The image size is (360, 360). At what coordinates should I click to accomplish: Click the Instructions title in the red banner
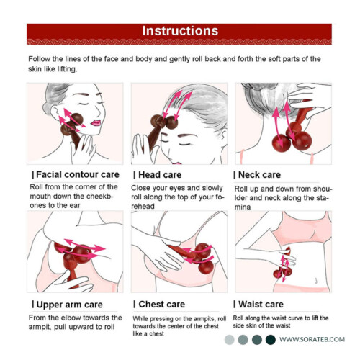(x=180, y=31)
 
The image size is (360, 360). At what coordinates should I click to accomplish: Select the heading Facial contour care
(x=78, y=174)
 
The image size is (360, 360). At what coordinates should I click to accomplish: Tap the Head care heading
(x=160, y=175)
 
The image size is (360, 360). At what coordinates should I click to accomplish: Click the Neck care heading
(x=259, y=175)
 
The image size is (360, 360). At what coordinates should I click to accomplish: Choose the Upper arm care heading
(x=70, y=305)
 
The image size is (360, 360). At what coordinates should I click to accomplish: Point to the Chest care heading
(x=162, y=305)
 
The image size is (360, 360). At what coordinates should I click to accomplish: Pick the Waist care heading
(x=261, y=305)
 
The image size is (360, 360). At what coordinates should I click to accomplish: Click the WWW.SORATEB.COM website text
(x=312, y=339)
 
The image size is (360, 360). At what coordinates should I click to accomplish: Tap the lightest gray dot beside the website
(x=229, y=340)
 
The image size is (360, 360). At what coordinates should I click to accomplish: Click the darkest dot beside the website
(x=271, y=340)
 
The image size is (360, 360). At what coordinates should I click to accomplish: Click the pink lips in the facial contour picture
(x=96, y=123)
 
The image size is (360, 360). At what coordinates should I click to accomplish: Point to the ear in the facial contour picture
(x=55, y=112)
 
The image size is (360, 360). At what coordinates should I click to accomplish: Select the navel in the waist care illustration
(x=316, y=281)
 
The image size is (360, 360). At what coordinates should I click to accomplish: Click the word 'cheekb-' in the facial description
(x=99, y=197)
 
